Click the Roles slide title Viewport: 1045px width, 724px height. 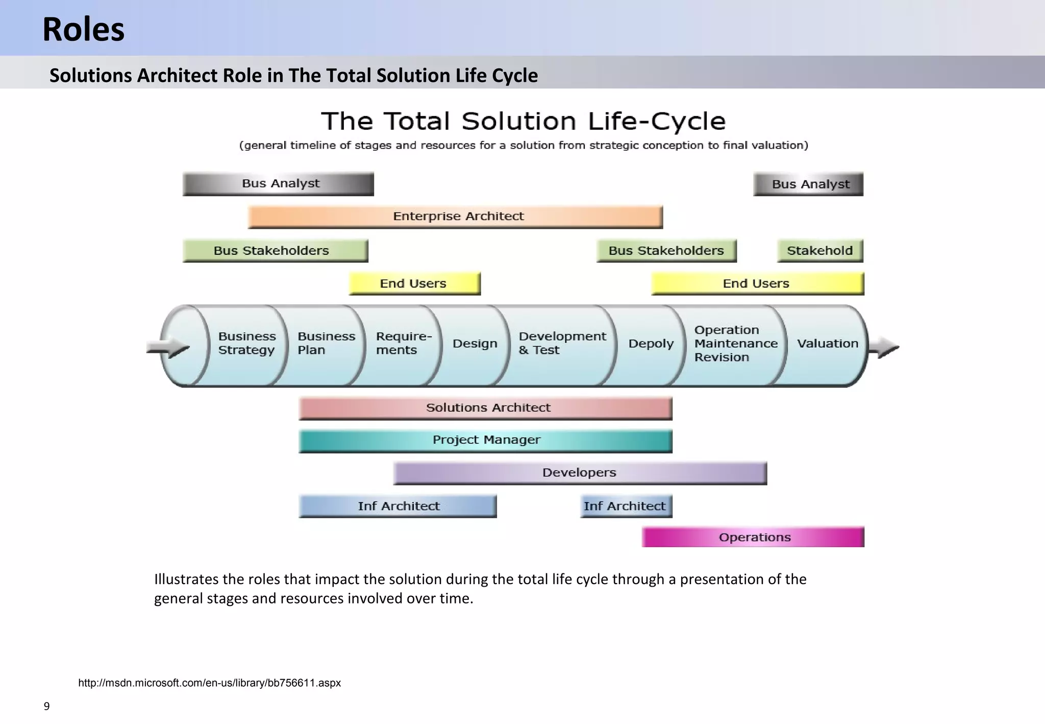coord(83,29)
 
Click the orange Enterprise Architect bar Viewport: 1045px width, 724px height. coord(455,216)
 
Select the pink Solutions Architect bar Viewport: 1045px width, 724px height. coord(485,408)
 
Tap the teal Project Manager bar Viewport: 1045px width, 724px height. coord(485,441)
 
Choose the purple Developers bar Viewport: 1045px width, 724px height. coord(580,473)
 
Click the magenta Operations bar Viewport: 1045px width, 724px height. coord(753,537)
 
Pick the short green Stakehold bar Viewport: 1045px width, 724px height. coord(819,251)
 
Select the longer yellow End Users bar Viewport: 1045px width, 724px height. coord(757,283)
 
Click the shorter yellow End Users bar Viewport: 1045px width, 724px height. coord(414,283)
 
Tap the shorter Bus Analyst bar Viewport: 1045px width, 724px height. coord(808,184)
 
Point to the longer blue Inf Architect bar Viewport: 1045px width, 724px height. coord(397,506)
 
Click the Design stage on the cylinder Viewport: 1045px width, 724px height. coord(475,344)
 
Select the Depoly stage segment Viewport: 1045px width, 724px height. coord(651,344)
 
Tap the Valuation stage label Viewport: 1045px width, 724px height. coord(827,344)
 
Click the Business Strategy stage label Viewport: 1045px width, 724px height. coord(247,343)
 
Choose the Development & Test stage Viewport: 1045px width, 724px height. coord(561,343)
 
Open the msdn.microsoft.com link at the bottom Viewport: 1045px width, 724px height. coord(209,683)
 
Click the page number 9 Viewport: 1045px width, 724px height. coord(46,707)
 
